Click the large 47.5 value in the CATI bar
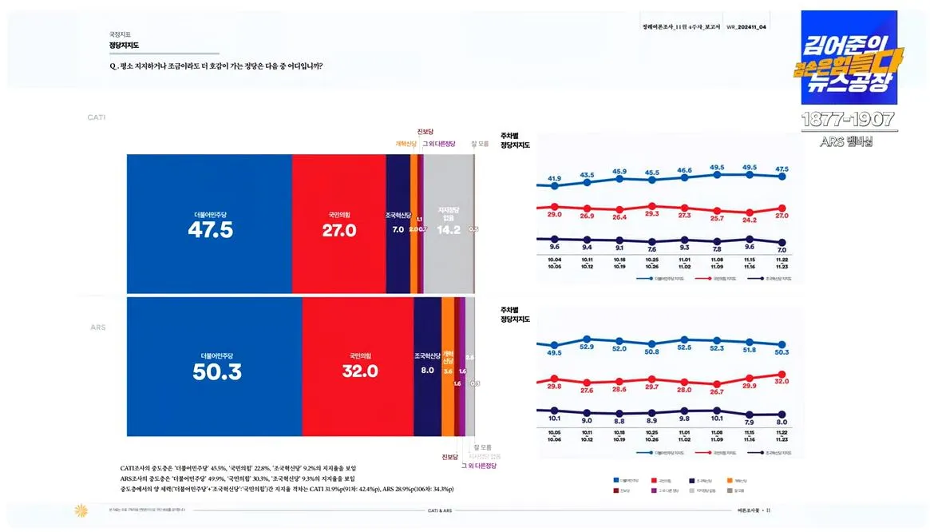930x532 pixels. click(x=210, y=230)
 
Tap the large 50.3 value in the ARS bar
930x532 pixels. click(x=216, y=371)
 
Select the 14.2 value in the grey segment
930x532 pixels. click(x=449, y=230)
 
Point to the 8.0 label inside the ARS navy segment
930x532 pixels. click(x=427, y=371)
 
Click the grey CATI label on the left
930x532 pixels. click(x=96, y=117)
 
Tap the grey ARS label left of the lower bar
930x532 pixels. click(x=97, y=328)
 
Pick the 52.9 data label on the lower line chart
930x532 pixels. click(x=587, y=347)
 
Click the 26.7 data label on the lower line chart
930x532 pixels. click(x=717, y=392)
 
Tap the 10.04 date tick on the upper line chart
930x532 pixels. click(x=554, y=259)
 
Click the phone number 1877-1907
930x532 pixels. click(x=848, y=121)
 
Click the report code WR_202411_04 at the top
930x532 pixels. click(x=746, y=27)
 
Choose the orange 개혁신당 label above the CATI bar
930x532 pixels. click(x=406, y=144)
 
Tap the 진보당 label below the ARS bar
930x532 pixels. click(x=450, y=457)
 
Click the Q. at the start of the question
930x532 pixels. click(x=114, y=66)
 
